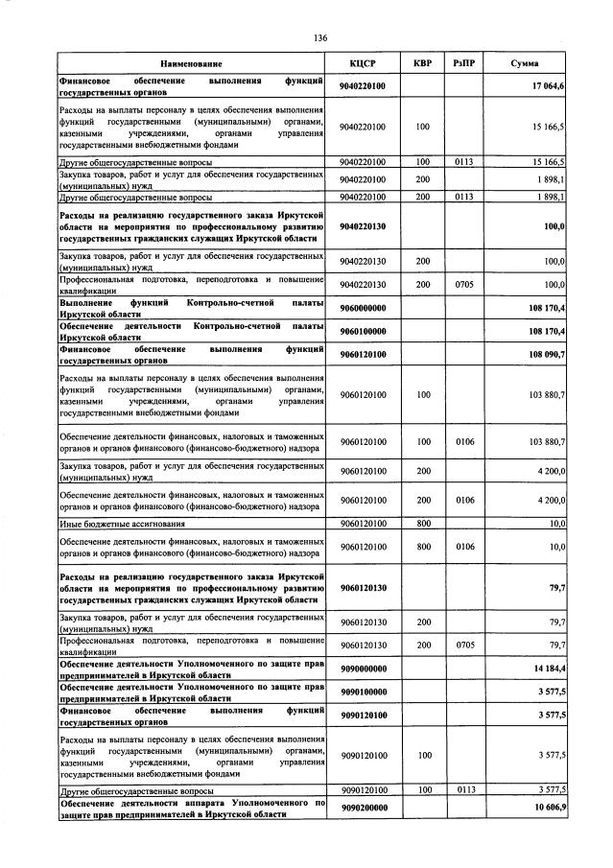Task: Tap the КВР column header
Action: [x=422, y=63]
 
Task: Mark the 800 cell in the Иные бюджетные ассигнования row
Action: [x=422, y=524]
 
